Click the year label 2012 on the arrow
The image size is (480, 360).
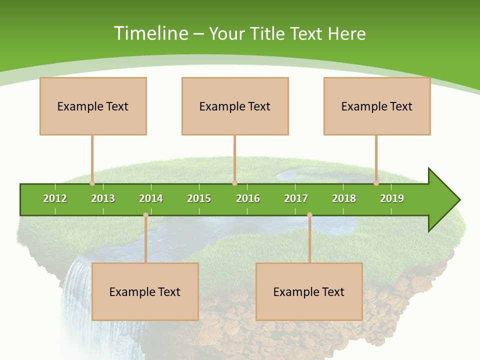tap(55, 198)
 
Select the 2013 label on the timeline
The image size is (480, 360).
tap(103, 198)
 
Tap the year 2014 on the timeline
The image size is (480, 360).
tap(151, 198)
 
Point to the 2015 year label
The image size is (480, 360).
tap(199, 198)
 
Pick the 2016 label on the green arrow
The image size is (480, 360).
tap(248, 198)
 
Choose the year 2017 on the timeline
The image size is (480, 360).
tap(296, 198)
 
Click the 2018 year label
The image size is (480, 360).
tap(344, 198)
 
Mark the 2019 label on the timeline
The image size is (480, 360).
tap(392, 198)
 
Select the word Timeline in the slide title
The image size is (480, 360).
tap(150, 33)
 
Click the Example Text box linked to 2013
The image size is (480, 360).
tap(93, 106)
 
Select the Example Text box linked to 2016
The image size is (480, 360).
tap(235, 106)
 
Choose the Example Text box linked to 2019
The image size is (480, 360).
tap(377, 106)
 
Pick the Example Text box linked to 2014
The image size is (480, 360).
tap(145, 291)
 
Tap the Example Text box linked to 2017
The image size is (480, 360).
tap(309, 291)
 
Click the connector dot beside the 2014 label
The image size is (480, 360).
tap(145, 214)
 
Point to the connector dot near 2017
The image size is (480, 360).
tap(309, 214)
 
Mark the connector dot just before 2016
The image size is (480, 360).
tap(234, 183)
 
